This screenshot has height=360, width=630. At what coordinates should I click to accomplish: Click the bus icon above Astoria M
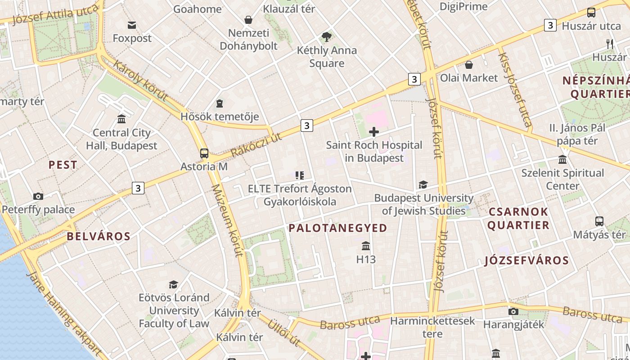204,153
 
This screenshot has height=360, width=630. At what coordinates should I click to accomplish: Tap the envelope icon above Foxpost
132,25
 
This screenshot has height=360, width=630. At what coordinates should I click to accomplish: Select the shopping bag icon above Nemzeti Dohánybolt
248,20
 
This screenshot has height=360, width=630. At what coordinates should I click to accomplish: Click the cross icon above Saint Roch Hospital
373,132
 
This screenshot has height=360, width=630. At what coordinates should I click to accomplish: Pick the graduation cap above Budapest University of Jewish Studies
423,185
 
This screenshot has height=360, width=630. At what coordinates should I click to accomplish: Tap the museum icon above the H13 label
366,246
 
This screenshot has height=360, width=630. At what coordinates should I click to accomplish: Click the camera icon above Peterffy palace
38,196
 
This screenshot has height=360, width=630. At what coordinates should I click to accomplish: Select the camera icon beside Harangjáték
513,311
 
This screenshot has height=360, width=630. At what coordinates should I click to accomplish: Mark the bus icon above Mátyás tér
599,221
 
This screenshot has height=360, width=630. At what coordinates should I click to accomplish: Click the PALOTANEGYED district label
337,228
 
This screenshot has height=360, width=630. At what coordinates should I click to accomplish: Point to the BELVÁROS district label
99,236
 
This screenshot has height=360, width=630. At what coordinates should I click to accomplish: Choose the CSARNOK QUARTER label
518,218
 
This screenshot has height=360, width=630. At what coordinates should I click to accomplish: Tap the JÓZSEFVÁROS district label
526,261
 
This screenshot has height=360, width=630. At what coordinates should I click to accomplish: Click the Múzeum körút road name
228,220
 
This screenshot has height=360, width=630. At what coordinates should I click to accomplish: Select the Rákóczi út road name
256,145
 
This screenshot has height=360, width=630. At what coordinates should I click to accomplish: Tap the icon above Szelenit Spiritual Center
562,160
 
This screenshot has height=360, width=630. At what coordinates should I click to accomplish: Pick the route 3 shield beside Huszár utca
550,25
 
